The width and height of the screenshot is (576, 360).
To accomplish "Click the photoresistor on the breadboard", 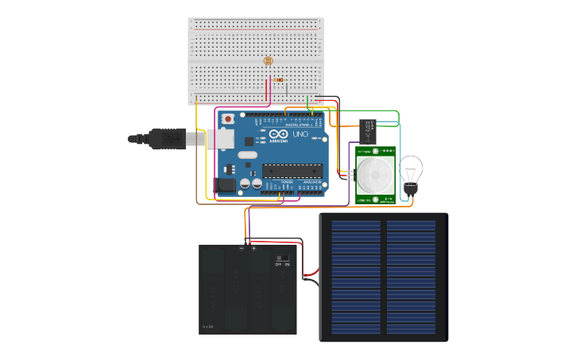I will [x=268, y=60].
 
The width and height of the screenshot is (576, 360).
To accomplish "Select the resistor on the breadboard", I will [x=278, y=79].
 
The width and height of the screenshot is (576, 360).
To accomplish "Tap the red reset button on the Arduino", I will [x=229, y=119].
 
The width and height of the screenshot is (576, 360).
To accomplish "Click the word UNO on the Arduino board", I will [x=300, y=134].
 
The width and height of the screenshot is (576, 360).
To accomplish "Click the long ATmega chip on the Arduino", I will [x=293, y=169].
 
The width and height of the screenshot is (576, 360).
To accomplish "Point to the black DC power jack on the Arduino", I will [x=226, y=184].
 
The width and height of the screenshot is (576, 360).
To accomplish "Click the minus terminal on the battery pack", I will [x=242, y=248].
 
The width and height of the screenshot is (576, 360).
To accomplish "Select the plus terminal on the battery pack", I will [x=254, y=248].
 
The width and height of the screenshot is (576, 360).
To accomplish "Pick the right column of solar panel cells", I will [x=411, y=277].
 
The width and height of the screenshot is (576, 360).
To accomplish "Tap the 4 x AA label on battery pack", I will [x=208, y=327].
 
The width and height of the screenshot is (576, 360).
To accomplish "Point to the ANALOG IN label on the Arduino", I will [x=311, y=182].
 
